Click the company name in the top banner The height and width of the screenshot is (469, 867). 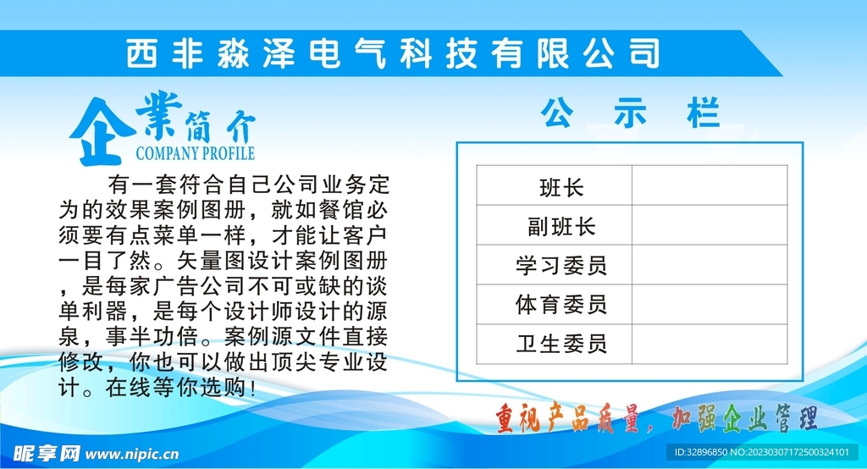tap(393, 53)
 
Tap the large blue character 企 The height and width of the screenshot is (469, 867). tap(102, 131)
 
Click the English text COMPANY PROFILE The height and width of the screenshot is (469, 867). tap(196, 153)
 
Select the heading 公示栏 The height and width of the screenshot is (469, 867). tap(630, 113)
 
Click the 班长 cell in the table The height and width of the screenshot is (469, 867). tap(554, 185)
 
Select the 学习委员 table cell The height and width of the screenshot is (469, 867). tap(554, 265)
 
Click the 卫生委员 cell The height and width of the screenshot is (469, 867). tap(554, 344)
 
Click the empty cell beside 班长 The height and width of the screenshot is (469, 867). tap(710, 185)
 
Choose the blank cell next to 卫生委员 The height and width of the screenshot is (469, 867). tap(710, 344)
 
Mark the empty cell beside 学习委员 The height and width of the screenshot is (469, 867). tap(710, 265)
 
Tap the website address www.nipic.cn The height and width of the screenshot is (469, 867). tap(132, 455)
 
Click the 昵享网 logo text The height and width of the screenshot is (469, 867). tap(47, 454)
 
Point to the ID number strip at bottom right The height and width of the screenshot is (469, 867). tap(761, 452)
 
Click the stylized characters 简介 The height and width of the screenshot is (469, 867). tap(220, 126)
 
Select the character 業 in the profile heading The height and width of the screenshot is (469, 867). tap(158, 114)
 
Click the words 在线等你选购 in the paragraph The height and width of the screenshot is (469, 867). tap(175, 388)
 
